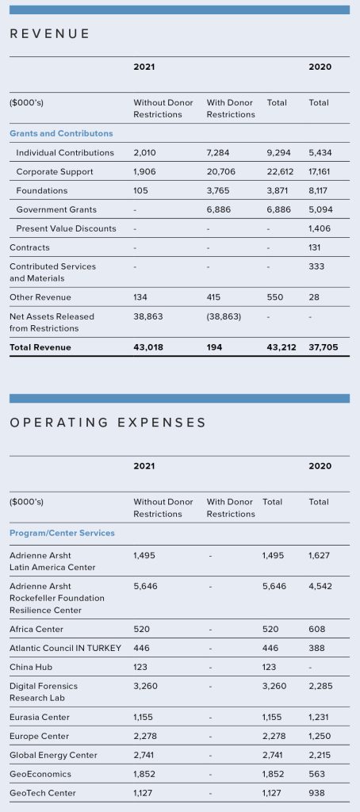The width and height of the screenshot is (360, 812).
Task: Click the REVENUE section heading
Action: (x=50, y=33)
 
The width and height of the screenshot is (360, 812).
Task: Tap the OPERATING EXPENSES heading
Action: (x=108, y=423)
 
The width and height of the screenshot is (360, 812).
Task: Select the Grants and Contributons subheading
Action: (x=61, y=133)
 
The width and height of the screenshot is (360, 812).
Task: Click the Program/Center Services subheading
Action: (x=62, y=533)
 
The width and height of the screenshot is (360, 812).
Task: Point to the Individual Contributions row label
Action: (x=65, y=153)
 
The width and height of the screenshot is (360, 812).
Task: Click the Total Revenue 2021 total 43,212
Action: (x=281, y=347)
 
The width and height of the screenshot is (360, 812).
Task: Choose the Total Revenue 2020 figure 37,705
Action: (x=324, y=347)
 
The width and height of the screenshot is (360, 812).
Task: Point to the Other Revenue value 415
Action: (x=213, y=297)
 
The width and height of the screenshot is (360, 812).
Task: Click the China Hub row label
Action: (x=31, y=667)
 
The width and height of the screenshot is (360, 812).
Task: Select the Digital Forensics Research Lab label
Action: (x=44, y=691)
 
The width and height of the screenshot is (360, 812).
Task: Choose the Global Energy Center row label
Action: (x=53, y=755)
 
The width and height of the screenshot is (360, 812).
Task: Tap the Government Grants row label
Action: (x=56, y=209)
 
